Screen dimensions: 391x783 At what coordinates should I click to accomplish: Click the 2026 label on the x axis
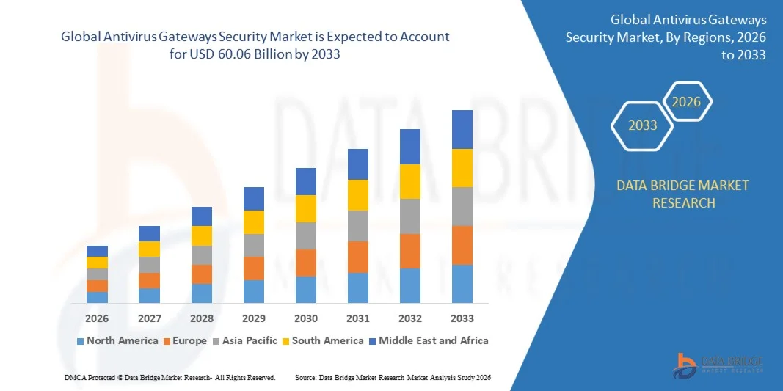[97, 318]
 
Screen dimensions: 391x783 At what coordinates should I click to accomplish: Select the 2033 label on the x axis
[462, 318]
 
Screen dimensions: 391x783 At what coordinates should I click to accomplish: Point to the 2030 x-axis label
[306, 318]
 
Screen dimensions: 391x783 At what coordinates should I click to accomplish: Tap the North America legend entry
[117, 340]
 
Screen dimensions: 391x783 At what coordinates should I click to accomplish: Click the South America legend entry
[323, 340]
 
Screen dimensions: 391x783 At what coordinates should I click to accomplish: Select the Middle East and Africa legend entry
[429, 340]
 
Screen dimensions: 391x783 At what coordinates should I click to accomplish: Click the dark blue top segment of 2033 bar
[462, 129]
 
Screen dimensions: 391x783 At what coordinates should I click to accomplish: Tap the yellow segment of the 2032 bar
[410, 181]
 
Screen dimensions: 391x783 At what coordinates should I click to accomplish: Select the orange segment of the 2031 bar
[358, 257]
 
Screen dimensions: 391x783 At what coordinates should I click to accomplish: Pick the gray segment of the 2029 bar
[254, 245]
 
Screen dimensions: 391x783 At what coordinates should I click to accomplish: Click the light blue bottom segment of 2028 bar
[202, 293]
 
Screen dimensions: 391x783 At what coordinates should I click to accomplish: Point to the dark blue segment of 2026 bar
[97, 251]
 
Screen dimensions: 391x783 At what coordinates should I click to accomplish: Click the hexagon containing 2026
[687, 102]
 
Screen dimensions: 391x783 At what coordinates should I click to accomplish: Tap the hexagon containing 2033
[643, 125]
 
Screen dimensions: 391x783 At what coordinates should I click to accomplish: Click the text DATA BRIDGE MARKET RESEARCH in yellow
[683, 194]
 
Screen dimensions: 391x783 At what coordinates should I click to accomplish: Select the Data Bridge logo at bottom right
[718, 365]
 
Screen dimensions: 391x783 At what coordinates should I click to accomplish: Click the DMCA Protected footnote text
[170, 377]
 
